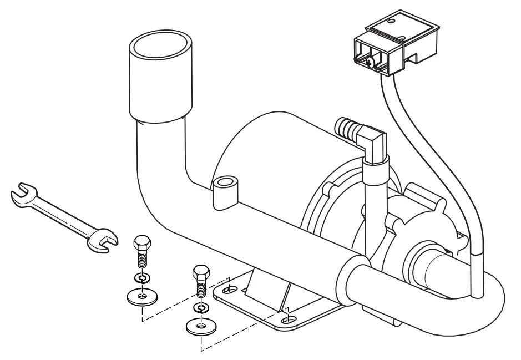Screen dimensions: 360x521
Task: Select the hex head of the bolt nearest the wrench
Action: pyautogui.click(x=141, y=242)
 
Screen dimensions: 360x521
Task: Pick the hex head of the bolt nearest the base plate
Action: pyautogui.click(x=200, y=273)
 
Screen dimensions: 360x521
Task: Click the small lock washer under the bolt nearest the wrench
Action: pyautogui.click(x=142, y=277)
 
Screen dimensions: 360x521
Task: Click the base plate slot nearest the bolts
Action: pyautogui.click(x=228, y=288)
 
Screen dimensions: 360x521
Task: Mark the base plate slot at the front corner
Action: pyautogui.click(x=290, y=319)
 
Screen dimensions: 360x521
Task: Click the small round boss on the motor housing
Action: pyautogui.click(x=225, y=182)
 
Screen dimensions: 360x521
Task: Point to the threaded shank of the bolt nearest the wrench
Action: pyautogui.click(x=142, y=260)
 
